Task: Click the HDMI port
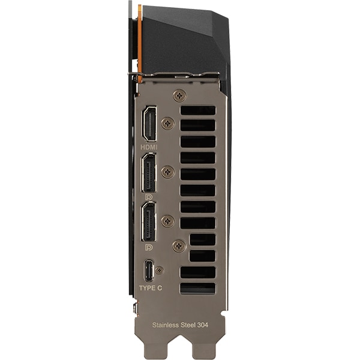point(149,124)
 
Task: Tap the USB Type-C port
point(149,271)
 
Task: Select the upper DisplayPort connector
point(149,173)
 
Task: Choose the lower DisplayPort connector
point(149,221)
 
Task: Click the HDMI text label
point(149,147)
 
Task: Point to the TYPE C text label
point(151,288)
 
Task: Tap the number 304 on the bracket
point(203,325)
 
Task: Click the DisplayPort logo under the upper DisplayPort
point(149,197)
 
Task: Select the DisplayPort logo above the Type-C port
point(149,247)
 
